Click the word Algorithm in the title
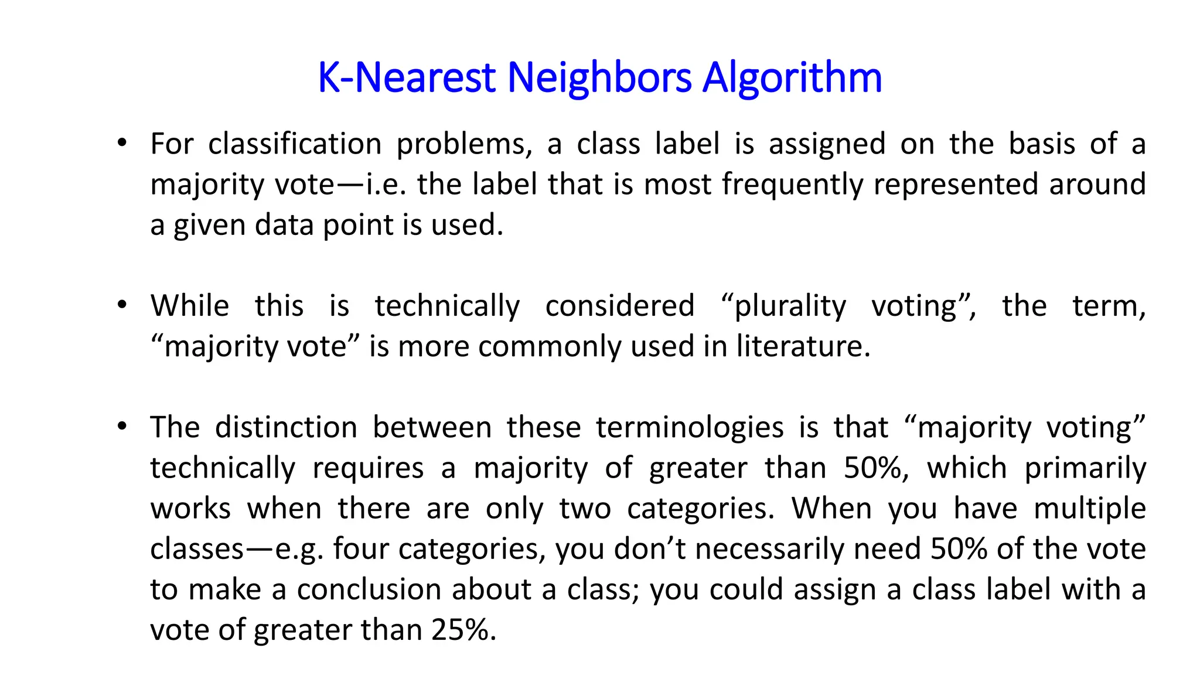[x=792, y=77]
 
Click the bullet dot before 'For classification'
[x=122, y=143]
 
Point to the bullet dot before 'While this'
[x=122, y=305]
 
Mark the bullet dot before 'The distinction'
[x=122, y=427]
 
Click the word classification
[x=295, y=144]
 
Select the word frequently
[x=792, y=185]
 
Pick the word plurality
[x=790, y=306]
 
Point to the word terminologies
[x=690, y=427]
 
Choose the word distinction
[x=286, y=427]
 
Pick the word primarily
[x=1085, y=469]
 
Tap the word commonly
[x=548, y=346]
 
